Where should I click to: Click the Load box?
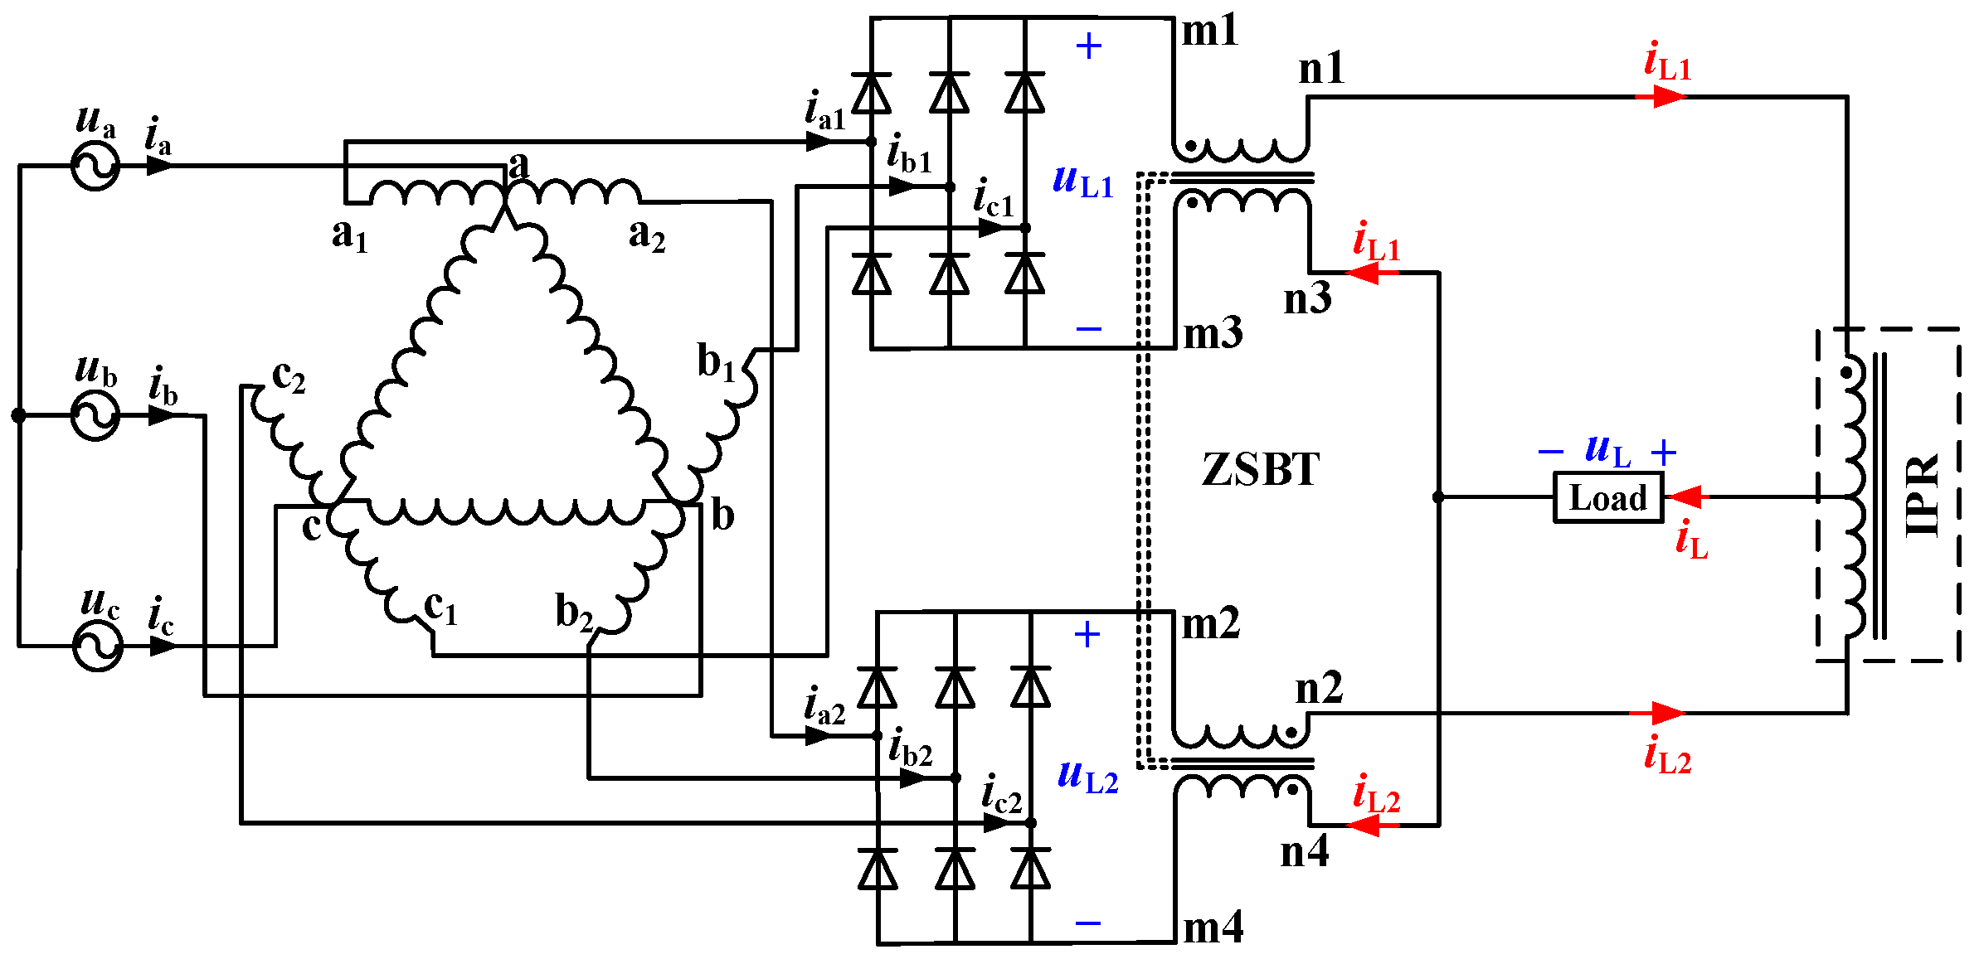1608,497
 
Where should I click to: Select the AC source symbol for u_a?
95,166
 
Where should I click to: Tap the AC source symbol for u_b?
95,415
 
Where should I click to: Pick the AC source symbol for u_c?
98,646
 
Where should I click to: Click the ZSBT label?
1260,470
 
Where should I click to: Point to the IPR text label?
1923,496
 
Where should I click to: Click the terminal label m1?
1209,31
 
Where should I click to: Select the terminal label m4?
1213,928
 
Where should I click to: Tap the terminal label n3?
1307,299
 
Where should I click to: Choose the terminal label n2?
1319,689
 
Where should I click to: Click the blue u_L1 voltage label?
1083,182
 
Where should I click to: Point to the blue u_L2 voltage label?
1088,777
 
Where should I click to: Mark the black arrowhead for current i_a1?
819,142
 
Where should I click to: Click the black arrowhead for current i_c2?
996,823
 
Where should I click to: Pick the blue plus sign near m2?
1087,635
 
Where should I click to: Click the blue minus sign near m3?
1088,329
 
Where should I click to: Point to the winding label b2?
574,612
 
